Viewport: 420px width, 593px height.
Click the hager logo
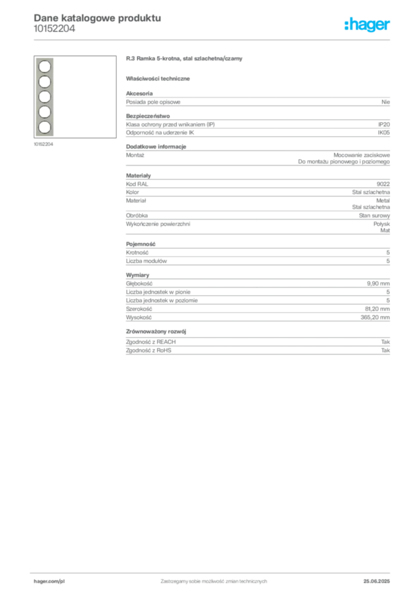(x=367, y=25)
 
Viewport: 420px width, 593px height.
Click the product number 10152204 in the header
(x=55, y=29)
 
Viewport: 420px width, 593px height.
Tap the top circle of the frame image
(x=45, y=67)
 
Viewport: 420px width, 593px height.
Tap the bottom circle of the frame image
(x=45, y=127)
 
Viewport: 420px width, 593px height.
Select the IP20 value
(x=384, y=125)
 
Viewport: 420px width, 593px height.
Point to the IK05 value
(x=383, y=133)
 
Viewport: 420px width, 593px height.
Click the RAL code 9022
(x=383, y=184)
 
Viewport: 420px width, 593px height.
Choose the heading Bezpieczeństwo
(x=148, y=116)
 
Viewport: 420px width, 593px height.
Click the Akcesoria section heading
(x=139, y=93)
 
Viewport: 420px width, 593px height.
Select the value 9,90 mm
(x=378, y=284)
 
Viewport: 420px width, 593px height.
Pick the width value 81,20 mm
(x=377, y=309)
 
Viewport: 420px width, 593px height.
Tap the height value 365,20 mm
(x=375, y=318)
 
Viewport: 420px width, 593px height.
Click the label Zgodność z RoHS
(x=149, y=350)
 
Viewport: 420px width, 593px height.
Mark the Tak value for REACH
(x=386, y=342)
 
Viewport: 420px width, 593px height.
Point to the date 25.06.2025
(x=376, y=581)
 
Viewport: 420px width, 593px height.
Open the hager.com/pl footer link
(x=49, y=581)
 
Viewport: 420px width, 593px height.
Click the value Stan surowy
(x=375, y=215)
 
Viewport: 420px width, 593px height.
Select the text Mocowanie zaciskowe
(x=361, y=155)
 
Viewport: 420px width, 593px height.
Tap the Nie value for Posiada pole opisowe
(x=386, y=102)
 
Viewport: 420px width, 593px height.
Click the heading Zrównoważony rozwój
(x=156, y=332)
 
